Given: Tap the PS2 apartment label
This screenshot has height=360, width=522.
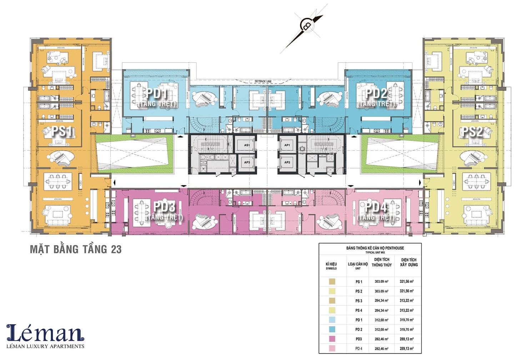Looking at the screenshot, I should [x=472, y=131].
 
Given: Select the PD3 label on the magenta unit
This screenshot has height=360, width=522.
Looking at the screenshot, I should [x=164, y=207].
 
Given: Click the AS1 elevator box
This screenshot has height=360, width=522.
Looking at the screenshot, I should [x=247, y=145].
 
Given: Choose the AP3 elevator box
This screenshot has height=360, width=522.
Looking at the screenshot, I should [x=247, y=162].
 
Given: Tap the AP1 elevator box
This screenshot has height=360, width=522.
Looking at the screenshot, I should [x=287, y=145].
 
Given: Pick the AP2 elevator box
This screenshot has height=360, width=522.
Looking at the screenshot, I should [x=287, y=162].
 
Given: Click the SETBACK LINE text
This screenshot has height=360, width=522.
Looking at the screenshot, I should [x=263, y=81].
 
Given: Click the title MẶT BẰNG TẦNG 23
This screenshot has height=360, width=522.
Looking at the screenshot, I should [x=76, y=249].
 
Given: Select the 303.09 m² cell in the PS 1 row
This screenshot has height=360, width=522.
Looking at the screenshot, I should [x=381, y=282].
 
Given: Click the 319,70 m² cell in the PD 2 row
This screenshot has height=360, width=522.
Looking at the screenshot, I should [x=407, y=330].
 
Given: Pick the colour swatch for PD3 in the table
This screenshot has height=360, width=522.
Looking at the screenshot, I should [x=332, y=339].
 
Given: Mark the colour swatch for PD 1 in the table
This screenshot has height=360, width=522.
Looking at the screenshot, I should [x=332, y=320].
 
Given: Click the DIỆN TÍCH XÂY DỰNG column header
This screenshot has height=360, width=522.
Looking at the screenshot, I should [x=408, y=262].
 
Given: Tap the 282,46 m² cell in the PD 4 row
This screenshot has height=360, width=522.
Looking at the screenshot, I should [x=381, y=349].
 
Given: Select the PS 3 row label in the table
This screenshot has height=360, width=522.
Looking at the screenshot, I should [x=358, y=301].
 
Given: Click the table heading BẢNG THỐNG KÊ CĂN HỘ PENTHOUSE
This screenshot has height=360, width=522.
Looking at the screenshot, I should [x=370, y=248].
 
